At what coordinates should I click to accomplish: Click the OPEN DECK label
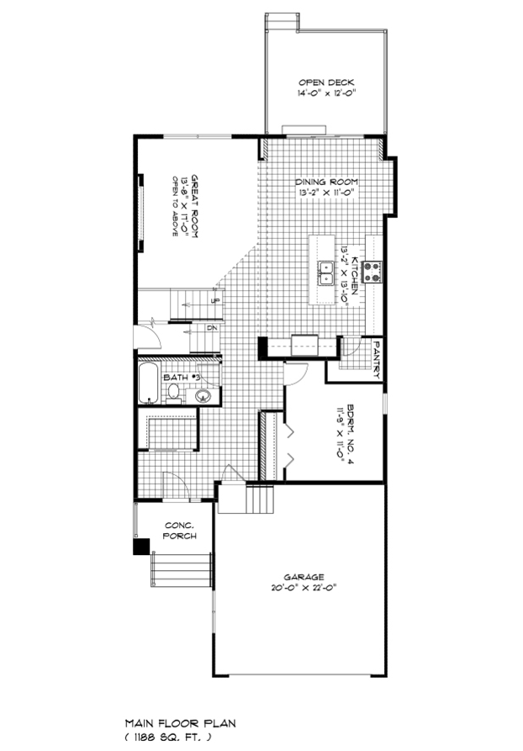pos(326,82)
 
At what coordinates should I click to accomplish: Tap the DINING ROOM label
pos(326,182)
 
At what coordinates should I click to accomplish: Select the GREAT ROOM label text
pos(194,205)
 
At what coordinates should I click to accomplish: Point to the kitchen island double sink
pos(325,272)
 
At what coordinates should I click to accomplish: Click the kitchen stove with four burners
pos(371,272)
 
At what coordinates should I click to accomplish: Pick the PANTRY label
pos(377,360)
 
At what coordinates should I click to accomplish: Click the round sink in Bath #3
pos(203,396)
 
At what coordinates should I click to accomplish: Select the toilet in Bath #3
pos(173,394)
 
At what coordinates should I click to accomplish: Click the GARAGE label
pos(304,577)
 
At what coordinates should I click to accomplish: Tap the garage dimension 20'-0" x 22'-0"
pos(304,588)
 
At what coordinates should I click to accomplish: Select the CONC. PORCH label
pos(180,531)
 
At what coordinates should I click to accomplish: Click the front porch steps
pos(181,569)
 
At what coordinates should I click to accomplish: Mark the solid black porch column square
pos(141,547)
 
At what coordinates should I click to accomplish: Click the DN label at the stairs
pos(212,328)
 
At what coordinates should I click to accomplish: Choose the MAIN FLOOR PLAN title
pos(181,723)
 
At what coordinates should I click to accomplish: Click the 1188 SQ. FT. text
pos(168,737)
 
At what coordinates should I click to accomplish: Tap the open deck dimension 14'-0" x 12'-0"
pos(326,93)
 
